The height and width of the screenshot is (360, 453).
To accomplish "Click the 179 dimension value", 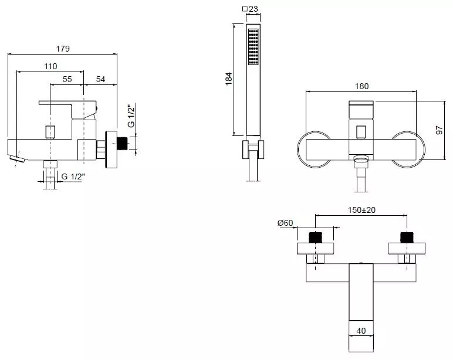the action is [63, 49].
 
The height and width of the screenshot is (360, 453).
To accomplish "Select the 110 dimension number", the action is [50, 66].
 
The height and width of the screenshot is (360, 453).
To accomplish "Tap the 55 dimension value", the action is [67, 79].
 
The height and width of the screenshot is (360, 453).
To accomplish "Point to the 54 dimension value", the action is [100, 79].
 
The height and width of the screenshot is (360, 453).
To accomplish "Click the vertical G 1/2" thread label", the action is [131, 116].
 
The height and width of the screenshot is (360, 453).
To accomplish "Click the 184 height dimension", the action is [229, 79].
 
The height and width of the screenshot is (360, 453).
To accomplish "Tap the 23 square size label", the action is [250, 9].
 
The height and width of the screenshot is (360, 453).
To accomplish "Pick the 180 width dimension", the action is [361, 86].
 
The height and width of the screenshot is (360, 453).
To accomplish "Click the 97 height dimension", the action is [439, 130].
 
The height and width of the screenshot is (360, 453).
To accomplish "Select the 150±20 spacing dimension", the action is [361, 210].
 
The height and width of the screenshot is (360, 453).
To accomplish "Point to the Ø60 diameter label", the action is [285, 223].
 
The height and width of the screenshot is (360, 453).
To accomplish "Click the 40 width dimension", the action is [361, 331].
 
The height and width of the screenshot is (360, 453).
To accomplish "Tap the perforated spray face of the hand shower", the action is [253, 46].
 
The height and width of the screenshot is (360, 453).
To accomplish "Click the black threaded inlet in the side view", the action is [122, 144].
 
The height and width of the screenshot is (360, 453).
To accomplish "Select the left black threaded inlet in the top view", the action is [316, 237].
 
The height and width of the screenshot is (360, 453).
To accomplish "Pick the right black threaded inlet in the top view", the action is [407, 237].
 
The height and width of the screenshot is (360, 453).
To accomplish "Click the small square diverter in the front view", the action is [361, 133].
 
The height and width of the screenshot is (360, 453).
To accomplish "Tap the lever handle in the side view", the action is [67, 107].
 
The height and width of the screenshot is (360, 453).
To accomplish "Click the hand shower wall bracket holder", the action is [253, 150].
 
